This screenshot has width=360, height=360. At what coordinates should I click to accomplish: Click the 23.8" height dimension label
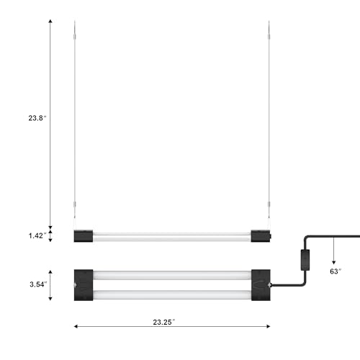[37, 118]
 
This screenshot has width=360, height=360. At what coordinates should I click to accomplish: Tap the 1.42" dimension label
[37, 235]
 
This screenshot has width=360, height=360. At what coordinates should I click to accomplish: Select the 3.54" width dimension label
[38, 284]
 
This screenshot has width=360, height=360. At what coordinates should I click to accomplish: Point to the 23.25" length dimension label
[164, 322]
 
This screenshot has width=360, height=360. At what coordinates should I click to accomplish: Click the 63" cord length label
[336, 271]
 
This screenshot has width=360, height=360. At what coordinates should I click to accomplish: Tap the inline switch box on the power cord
[305, 260]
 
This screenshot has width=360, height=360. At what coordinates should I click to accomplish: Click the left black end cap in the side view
[84, 236]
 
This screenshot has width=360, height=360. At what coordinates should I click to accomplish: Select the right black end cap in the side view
[261, 236]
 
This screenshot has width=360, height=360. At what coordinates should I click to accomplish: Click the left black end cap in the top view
[84, 285]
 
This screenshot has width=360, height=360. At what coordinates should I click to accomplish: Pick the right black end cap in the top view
[261, 285]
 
